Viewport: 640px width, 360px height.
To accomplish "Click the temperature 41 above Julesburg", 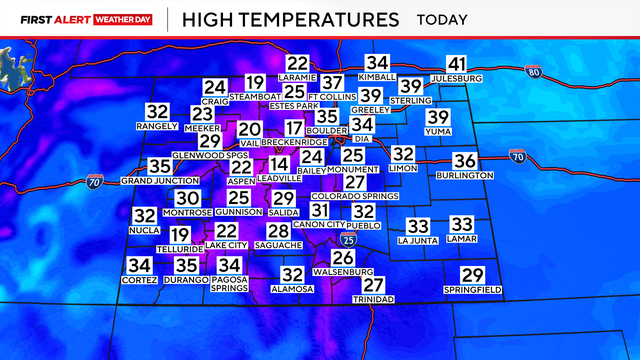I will [x=457, y=63].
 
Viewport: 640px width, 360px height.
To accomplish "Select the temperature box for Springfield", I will [x=472, y=276].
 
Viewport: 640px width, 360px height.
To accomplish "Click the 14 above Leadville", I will [x=279, y=164].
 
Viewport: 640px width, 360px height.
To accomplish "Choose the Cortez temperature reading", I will [x=139, y=265].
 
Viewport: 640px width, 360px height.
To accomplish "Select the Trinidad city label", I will [x=375, y=299].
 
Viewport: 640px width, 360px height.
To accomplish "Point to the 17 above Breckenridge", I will [x=293, y=128].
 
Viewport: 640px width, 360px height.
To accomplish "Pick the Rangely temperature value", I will [x=157, y=112].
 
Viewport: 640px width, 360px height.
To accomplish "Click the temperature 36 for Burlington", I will [x=465, y=161].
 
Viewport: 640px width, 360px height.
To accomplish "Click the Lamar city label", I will [x=461, y=240].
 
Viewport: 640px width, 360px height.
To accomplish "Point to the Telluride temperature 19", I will [x=179, y=235].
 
